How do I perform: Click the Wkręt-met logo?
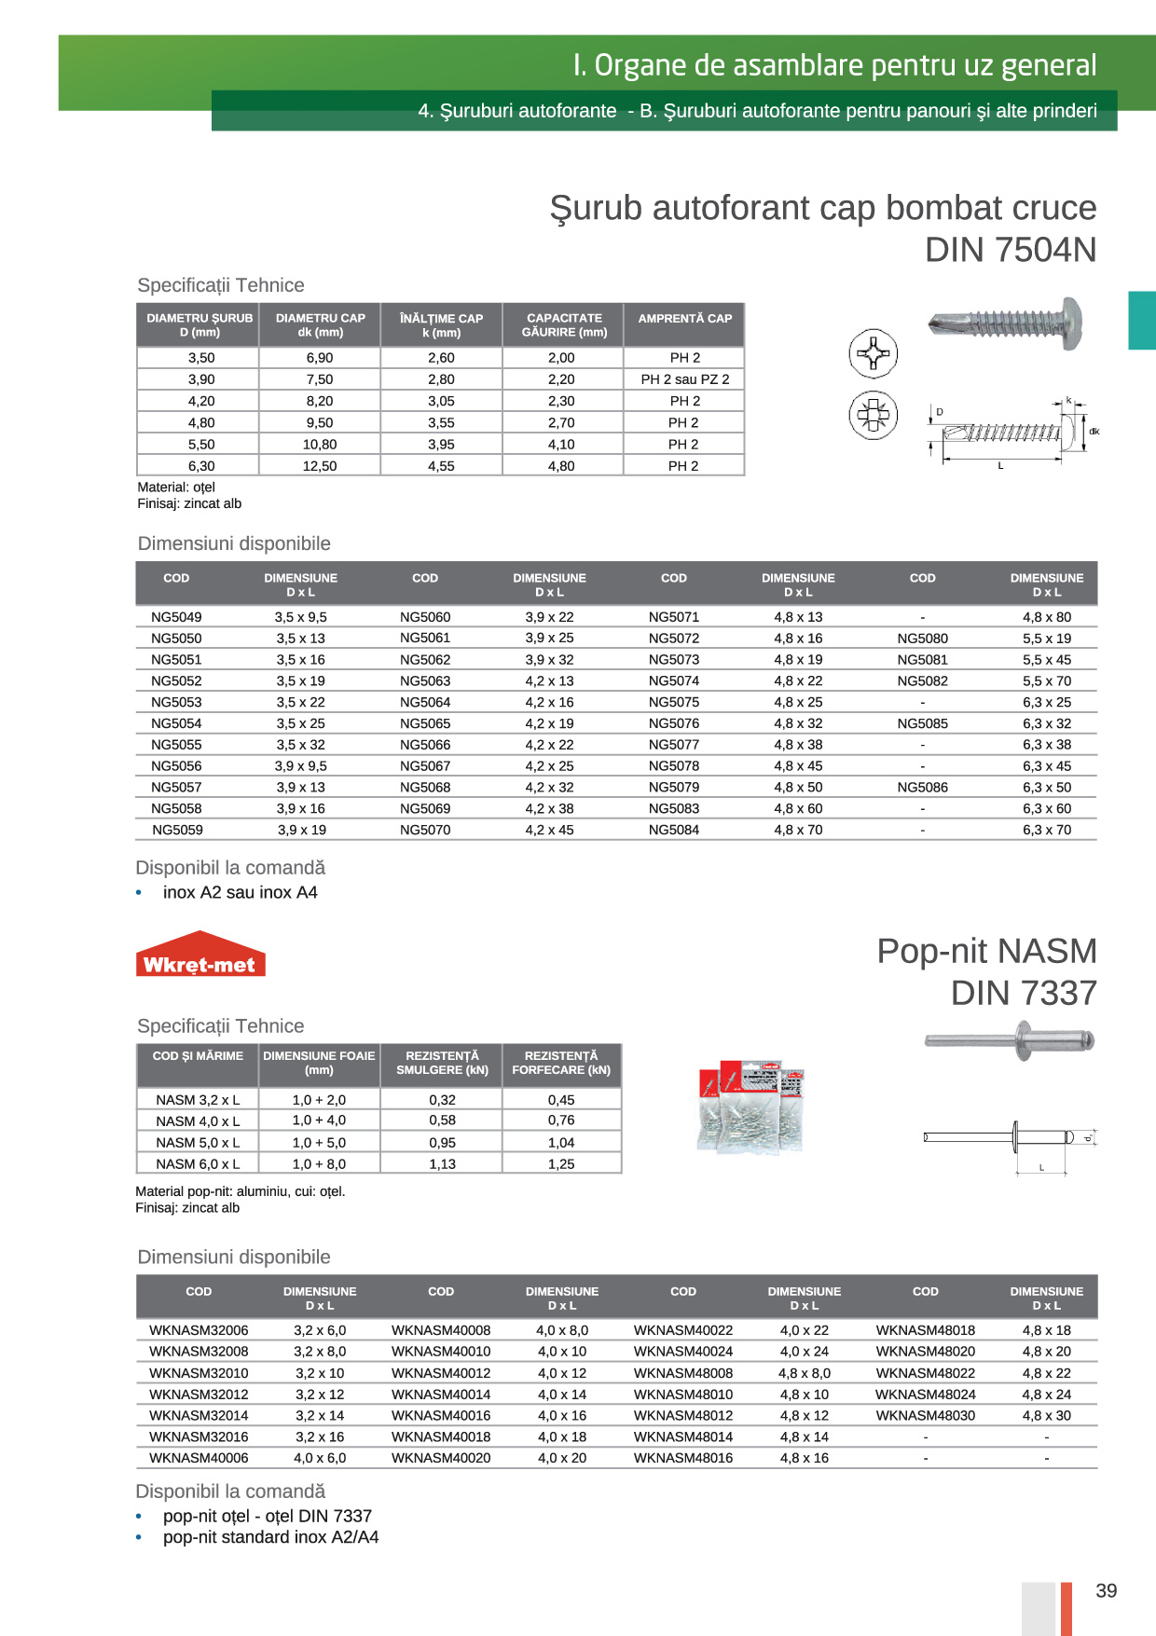pos(200,955)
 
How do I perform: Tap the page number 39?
pos(1106,1591)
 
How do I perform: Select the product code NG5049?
pos(176,617)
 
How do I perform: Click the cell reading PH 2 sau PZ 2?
pos(684,379)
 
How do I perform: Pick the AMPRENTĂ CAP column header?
pos(684,319)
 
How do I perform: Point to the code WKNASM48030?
pos(925,1415)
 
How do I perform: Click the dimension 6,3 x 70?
pos(1046,830)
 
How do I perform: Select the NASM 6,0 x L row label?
pos(198,1164)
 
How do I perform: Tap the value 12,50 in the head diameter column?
pos(320,466)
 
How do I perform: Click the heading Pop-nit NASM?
pos(986,951)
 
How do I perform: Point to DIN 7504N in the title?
pos(1010,250)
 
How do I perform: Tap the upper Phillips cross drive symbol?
pos(873,353)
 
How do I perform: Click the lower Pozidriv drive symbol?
pos(873,415)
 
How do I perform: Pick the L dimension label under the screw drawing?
pos(1000,466)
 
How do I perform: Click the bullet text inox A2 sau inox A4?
pos(240,892)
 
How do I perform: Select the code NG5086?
pos(922,788)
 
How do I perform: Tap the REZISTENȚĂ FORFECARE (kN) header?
pos(561,1064)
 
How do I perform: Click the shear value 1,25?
pos(561,1164)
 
